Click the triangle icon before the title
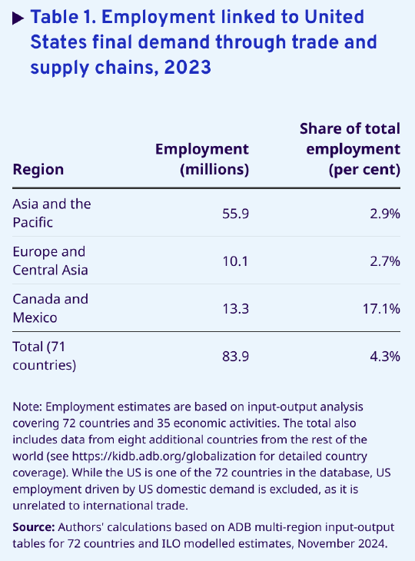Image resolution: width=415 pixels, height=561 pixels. click(18, 18)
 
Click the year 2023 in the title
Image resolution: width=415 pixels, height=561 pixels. click(188, 68)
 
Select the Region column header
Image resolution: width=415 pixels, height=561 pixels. click(38, 169)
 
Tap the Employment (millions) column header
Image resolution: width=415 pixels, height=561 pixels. click(202, 159)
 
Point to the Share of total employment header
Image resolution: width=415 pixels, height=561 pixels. click(350, 149)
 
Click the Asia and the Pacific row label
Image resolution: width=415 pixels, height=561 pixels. click(52, 213)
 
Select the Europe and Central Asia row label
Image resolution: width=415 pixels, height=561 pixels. click(50, 261)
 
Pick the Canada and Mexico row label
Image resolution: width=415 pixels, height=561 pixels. click(51, 308)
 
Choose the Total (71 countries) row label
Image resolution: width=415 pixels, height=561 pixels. click(45, 356)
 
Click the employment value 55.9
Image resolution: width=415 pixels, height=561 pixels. click(235, 214)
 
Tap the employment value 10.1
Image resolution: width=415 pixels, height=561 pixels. click(235, 261)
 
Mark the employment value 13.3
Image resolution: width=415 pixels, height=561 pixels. click(235, 309)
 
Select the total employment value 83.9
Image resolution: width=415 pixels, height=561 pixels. click(235, 357)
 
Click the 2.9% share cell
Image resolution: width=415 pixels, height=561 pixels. click(385, 214)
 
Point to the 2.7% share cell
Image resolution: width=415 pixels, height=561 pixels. click(385, 261)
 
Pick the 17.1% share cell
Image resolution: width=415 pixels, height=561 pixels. click(381, 309)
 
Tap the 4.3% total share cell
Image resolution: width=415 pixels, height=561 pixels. click(385, 357)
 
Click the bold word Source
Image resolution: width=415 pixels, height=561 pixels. click(34, 527)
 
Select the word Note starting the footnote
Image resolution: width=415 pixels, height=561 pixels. click(28, 407)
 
